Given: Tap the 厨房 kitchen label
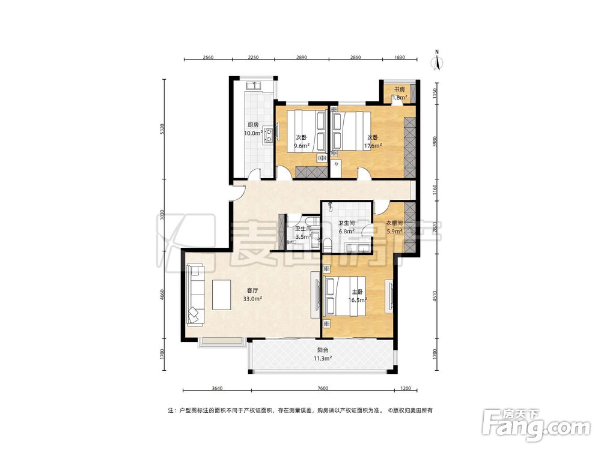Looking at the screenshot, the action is click(x=253, y=125).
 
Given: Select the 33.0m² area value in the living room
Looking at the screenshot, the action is click(x=252, y=299).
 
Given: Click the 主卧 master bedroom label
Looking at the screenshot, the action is click(x=357, y=292).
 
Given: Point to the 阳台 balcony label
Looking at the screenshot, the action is click(x=323, y=350).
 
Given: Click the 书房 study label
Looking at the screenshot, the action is click(x=400, y=89).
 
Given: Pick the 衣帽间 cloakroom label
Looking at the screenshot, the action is click(x=394, y=223).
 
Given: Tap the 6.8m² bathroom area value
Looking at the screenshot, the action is click(x=347, y=231).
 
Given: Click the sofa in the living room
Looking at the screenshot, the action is click(x=196, y=295).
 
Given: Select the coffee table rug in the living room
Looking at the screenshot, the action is click(x=222, y=295).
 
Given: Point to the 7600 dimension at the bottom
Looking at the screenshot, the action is click(x=323, y=388).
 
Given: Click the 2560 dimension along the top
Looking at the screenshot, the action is click(x=208, y=58).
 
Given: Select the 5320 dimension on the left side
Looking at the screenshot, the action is click(x=162, y=130).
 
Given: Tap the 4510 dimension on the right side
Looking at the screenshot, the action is click(x=435, y=296).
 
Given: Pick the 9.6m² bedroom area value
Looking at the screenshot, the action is click(x=302, y=146).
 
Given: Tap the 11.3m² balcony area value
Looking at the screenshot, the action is click(x=323, y=359).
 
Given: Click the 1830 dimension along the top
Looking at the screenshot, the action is click(x=400, y=58).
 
